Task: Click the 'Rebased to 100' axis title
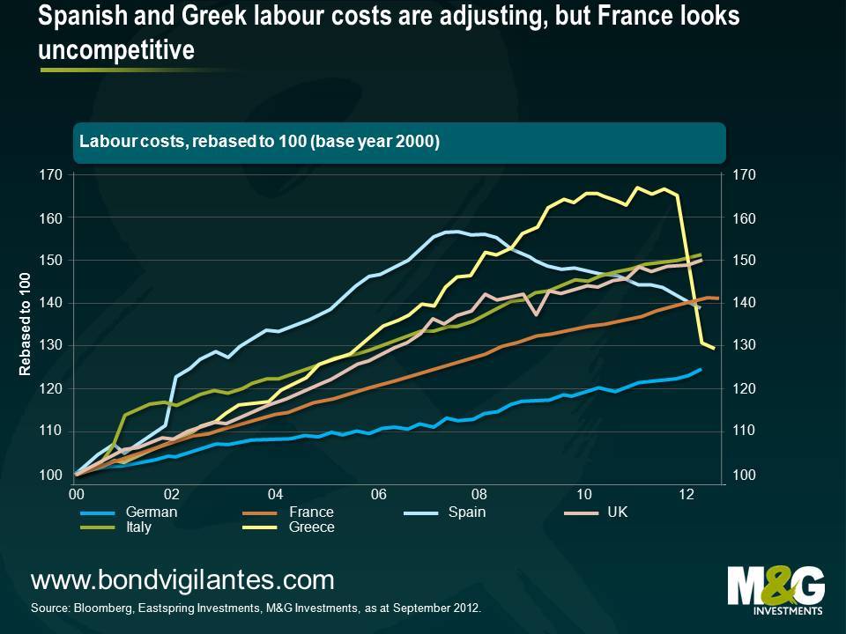(x=26, y=324)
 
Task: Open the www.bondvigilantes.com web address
(x=182, y=580)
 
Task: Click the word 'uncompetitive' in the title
(x=116, y=50)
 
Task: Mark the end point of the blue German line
(x=701, y=370)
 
